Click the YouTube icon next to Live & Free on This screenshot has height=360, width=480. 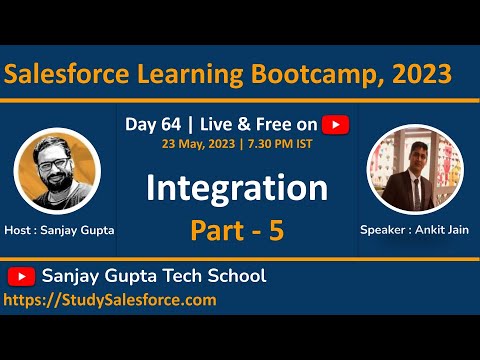pos(336,124)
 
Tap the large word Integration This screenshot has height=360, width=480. pos(237,187)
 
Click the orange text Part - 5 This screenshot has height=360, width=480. pos(237,230)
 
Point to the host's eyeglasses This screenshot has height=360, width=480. pos(57,156)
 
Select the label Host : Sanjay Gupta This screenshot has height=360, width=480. pos(59,229)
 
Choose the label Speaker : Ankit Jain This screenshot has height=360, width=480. pos(414,229)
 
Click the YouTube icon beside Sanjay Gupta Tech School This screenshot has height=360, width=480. pos(21,276)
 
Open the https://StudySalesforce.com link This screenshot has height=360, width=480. pos(110,299)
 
